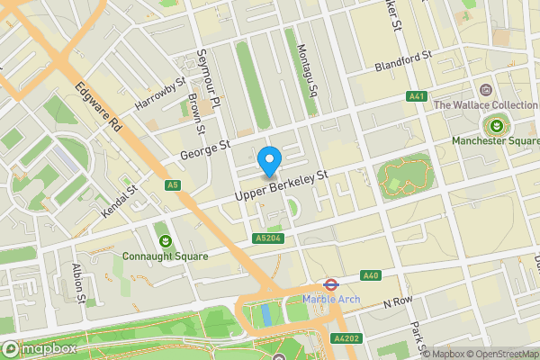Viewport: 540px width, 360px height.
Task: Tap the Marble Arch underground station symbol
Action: click(x=330, y=283)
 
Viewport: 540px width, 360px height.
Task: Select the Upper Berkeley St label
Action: click(x=280, y=184)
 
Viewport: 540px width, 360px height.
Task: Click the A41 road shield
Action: click(x=416, y=95)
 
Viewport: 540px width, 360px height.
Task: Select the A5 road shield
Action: click(x=174, y=185)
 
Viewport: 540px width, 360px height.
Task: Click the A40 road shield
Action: click(x=371, y=275)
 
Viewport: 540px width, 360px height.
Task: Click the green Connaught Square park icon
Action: click(x=166, y=239)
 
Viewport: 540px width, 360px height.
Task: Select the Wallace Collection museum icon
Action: click(x=486, y=89)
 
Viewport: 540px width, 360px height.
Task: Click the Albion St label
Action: click(x=79, y=283)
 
